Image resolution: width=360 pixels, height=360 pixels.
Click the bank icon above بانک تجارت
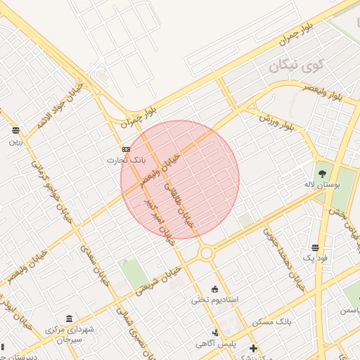pos(126,149)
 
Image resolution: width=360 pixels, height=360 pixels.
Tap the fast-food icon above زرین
pos(15,130)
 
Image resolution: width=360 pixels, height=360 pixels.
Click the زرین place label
pos(15,141)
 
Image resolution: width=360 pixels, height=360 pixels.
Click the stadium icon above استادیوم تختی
pos(215,288)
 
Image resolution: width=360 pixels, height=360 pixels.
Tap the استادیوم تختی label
pos(215,300)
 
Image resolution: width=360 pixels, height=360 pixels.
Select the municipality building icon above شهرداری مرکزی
pos(68,318)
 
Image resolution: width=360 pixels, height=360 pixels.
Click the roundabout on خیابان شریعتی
pos(206,252)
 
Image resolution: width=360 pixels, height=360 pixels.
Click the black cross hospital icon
pos(253,348)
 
